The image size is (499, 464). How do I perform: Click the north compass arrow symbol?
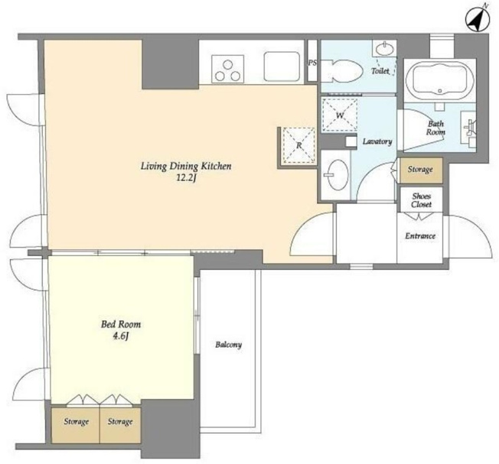pos(477,19)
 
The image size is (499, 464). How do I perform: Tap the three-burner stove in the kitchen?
pos(227,69)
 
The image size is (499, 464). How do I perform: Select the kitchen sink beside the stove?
pos(282,67)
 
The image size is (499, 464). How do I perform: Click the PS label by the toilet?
pos(312,63)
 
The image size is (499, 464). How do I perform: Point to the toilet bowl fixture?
pos(341,71)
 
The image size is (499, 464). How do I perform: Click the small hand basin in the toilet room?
pos(385,49)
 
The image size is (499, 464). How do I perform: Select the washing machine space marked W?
pos(340,115)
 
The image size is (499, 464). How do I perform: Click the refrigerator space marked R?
pos(298,145)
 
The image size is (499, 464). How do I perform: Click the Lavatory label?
pos(377,141)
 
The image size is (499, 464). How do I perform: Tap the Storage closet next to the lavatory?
pos(421,170)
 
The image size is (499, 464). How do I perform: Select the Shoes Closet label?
pos(421,200)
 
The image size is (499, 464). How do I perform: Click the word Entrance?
pos(420,235)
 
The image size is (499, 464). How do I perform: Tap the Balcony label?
pos(229,345)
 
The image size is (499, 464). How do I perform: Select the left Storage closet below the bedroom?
pos(76,425)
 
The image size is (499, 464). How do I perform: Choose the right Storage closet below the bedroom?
pos(120,425)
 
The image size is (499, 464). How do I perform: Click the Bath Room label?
pos(435,128)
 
